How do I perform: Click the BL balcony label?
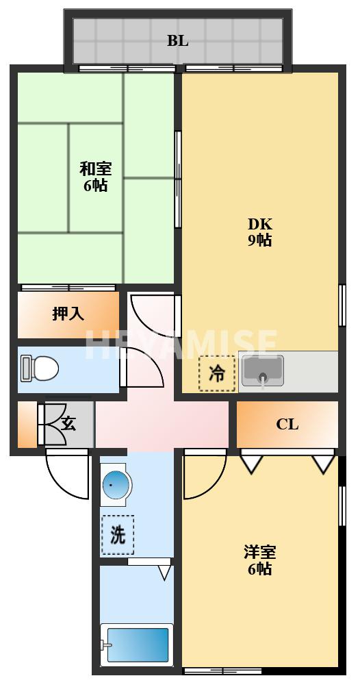click(x=177, y=40)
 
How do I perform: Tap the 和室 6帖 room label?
click(x=95, y=176)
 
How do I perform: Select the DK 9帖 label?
click(x=259, y=231)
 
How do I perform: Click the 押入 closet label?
click(x=68, y=314)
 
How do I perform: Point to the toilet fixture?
click(x=39, y=368)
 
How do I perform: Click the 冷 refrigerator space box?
click(x=217, y=374)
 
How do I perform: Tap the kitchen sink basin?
click(x=262, y=371)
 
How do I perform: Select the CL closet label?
click(x=287, y=424)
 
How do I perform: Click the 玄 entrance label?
click(x=69, y=423)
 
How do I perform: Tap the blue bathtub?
click(x=136, y=644)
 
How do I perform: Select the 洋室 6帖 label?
click(x=259, y=560)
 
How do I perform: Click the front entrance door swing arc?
click(x=68, y=476)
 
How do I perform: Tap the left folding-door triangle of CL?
click(x=251, y=464)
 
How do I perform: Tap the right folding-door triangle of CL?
click(x=323, y=464)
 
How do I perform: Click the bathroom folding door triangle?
click(x=164, y=571)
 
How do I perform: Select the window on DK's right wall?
click(x=341, y=305)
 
